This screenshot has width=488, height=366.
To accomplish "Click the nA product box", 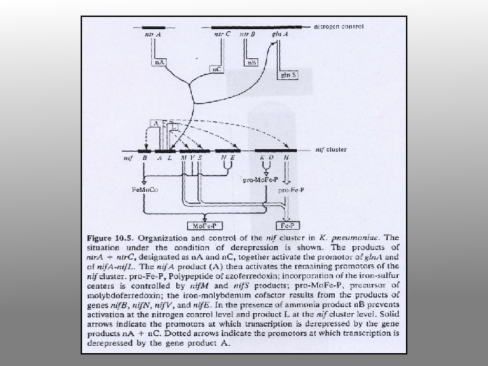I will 161,63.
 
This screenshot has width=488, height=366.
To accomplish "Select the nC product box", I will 217,69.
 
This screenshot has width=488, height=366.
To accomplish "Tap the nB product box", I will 251,63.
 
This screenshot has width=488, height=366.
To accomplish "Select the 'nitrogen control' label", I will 339,26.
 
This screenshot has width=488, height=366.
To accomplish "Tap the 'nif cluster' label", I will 332,148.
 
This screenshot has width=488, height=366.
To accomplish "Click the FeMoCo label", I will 144,190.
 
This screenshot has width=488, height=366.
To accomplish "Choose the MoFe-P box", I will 199,224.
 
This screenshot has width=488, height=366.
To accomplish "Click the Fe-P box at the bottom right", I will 287,224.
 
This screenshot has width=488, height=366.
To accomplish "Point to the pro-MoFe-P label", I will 258,181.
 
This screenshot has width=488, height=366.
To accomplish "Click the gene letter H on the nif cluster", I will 287,157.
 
